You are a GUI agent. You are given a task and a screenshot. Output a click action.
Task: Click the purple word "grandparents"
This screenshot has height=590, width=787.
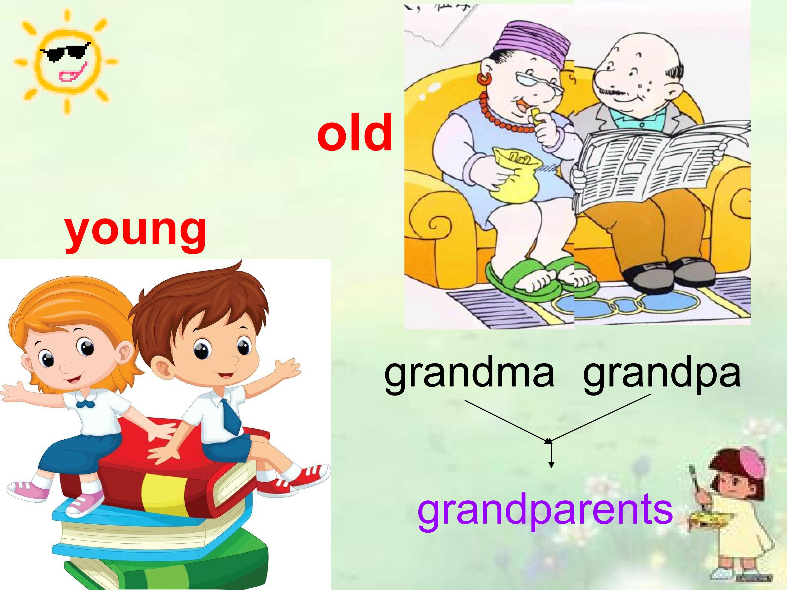point(545,511)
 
